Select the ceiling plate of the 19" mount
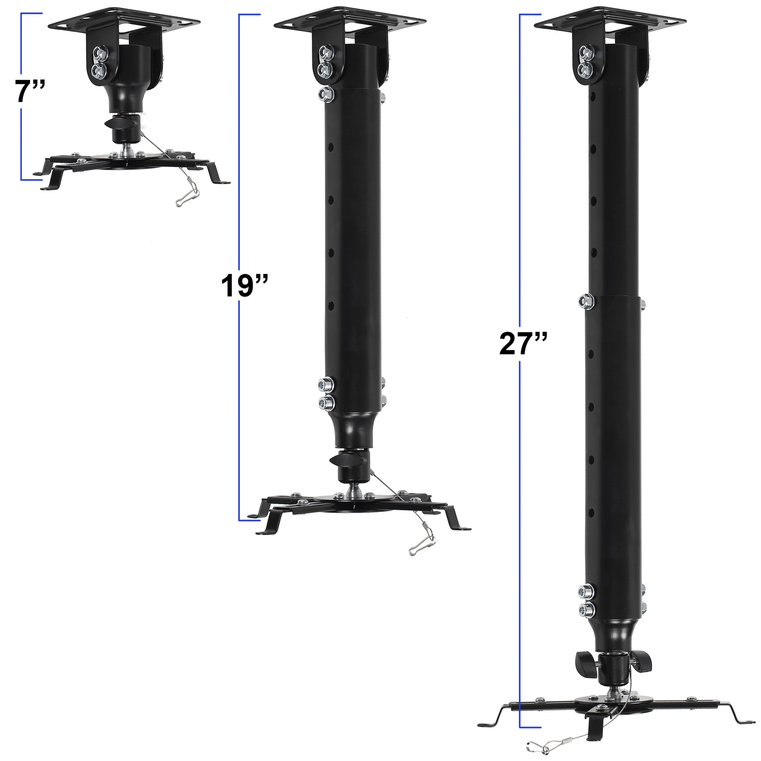[350, 19]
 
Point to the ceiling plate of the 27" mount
[610, 19]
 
